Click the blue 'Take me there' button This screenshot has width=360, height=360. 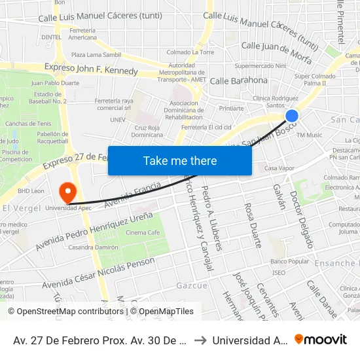pyautogui.click(x=180, y=160)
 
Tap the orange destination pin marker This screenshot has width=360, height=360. pyautogui.click(x=67, y=192)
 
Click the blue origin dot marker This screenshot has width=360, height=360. pyautogui.click(x=292, y=116)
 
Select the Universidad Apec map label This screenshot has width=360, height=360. pyautogui.click(x=68, y=207)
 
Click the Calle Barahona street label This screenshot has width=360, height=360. pyautogui.click(x=239, y=81)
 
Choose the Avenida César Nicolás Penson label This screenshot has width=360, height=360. pyautogui.click(x=99, y=273)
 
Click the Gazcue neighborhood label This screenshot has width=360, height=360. pyautogui.click(x=192, y=286)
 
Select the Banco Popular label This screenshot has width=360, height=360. pyautogui.click(x=289, y=262)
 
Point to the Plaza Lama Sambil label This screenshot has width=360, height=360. pyautogui.click(x=96, y=56)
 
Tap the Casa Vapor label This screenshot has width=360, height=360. pyautogui.click(x=279, y=168)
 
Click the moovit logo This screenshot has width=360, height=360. pyautogui.click(x=321, y=340)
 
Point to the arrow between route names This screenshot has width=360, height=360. pyautogui.click(x=200, y=340)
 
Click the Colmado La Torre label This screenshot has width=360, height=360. pyautogui.click(x=190, y=52)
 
